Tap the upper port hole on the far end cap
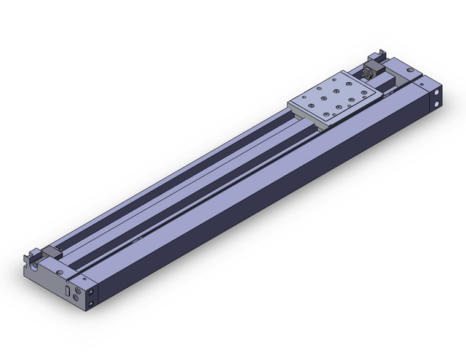(437, 93)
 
